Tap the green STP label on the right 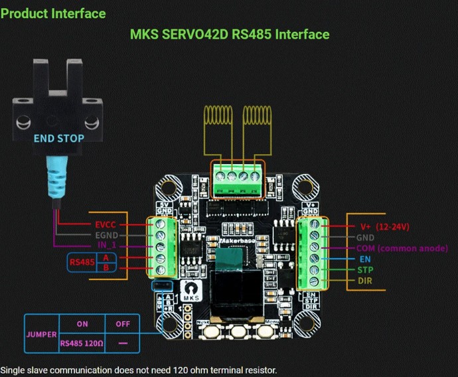364,269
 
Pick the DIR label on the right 364,281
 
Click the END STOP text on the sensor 59,139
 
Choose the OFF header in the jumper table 122,323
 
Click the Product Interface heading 53,13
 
